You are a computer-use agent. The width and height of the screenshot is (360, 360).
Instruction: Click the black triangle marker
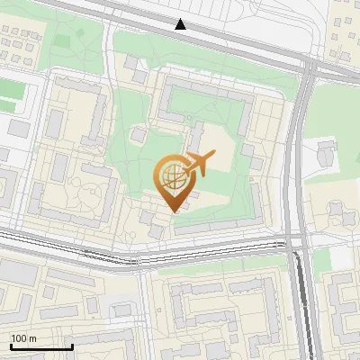click(x=181, y=24)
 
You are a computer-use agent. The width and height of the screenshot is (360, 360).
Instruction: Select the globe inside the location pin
click(x=171, y=173)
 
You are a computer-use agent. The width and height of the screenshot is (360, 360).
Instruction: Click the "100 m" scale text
click(x=23, y=338)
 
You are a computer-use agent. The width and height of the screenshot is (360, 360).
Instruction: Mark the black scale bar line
click(x=41, y=346)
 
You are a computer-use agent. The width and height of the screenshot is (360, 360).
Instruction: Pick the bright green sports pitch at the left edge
click(x=11, y=89)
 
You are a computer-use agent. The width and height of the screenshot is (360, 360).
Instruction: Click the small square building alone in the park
click(x=139, y=135)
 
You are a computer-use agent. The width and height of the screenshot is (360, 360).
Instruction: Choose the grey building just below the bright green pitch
click(x=18, y=127)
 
